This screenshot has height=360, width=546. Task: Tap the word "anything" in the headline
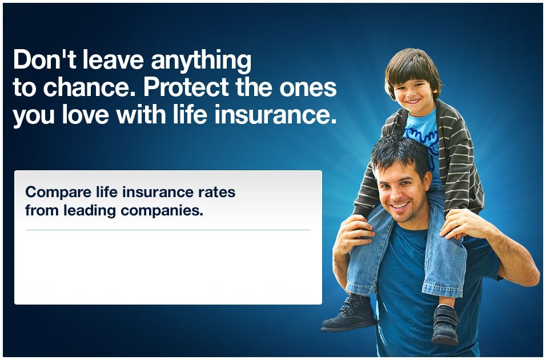[201, 62]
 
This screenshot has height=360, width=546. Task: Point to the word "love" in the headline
[85, 114]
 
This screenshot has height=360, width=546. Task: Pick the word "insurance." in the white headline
[275, 114]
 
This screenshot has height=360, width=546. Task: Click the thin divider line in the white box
[168, 230]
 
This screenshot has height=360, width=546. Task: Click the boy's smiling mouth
[413, 101]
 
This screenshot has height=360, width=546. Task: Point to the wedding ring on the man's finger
[456, 223]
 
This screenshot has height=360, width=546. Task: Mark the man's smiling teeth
[400, 206]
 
